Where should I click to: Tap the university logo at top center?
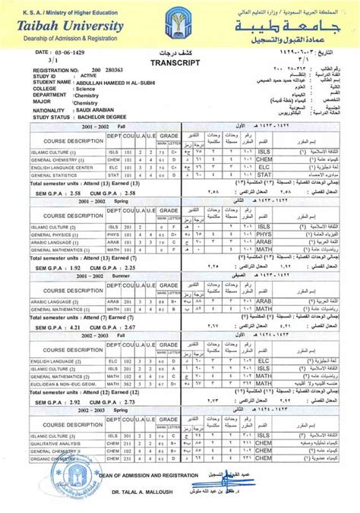180,23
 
